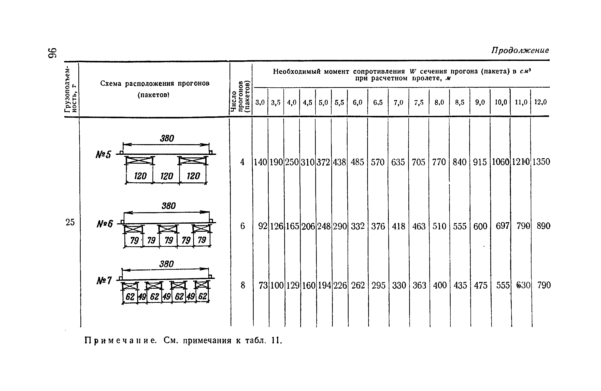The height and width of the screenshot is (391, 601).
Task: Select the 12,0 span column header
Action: [x=540, y=102]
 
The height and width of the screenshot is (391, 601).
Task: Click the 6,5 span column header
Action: [x=378, y=102]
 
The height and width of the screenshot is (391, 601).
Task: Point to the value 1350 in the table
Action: [x=541, y=162]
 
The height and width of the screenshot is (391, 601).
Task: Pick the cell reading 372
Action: [x=323, y=162]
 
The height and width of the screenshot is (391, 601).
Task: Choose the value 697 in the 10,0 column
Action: [x=502, y=226]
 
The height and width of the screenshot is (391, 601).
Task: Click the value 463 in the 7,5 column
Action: [x=419, y=226]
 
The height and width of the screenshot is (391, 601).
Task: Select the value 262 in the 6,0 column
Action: [x=358, y=285]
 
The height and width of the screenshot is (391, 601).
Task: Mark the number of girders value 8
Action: [x=243, y=285]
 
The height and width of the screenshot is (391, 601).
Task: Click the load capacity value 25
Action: [x=70, y=222]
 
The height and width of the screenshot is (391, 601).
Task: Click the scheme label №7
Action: [x=104, y=281]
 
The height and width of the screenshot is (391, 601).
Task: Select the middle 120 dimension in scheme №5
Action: [x=166, y=176]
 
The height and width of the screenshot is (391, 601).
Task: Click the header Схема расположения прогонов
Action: [x=155, y=84]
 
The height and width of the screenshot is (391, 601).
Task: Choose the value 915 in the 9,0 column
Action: [x=480, y=162]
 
